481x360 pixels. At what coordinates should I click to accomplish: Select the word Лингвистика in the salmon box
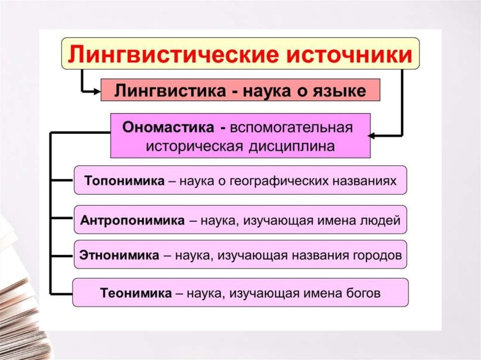170,91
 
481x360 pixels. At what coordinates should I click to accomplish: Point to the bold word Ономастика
168,127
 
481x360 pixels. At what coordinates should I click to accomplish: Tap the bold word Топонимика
124,181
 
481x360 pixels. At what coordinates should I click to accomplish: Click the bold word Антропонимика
132,220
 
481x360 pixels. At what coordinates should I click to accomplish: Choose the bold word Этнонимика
119,255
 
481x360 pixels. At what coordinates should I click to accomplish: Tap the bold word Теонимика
136,293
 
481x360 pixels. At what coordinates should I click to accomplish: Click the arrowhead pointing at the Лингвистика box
97,91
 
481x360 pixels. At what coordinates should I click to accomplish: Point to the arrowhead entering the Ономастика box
371,136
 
